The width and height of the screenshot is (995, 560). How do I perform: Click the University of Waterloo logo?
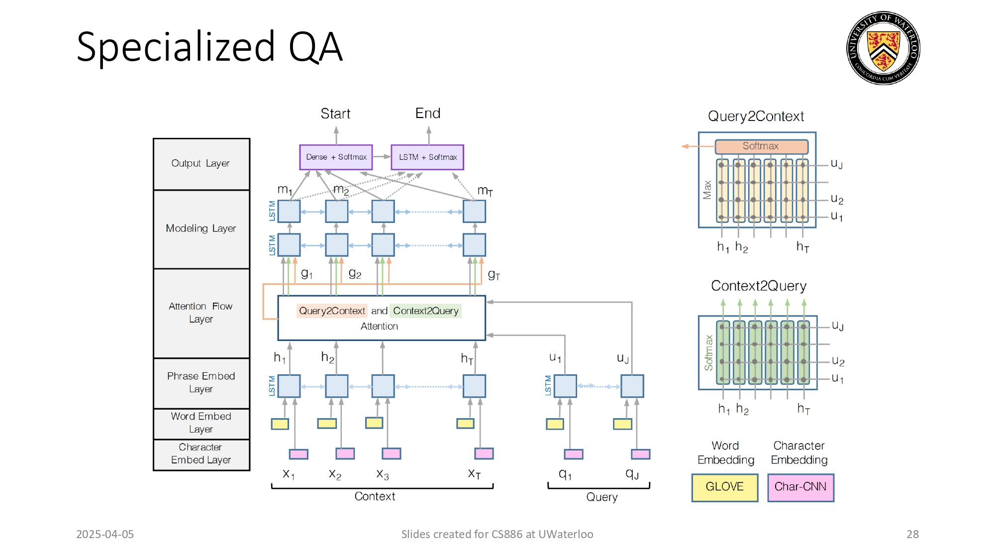pyautogui.click(x=883, y=48)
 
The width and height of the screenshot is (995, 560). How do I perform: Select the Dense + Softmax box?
pyautogui.click(x=336, y=157)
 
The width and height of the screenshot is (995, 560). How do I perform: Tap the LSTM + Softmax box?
pyautogui.click(x=427, y=157)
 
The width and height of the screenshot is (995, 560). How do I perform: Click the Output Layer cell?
pyautogui.click(x=201, y=164)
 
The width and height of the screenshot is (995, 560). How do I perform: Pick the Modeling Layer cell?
pyautogui.click(x=201, y=229)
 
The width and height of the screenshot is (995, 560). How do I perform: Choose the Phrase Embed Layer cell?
pyautogui.click(x=201, y=383)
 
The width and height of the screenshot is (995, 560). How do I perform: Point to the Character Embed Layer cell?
pyautogui.click(x=201, y=454)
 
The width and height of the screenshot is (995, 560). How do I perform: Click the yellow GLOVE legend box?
pyautogui.click(x=725, y=487)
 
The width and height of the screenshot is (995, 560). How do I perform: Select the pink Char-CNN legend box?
pyautogui.click(x=800, y=487)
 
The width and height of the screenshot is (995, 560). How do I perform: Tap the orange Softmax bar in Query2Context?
pyautogui.click(x=761, y=146)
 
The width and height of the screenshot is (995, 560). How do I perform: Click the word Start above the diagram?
pyautogui.click(x=335, y=114)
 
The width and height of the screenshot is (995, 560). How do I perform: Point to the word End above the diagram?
pyautogui.click(x=428, y=113)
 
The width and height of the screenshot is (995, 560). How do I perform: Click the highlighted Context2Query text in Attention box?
pyautogui.click(x=426, y=311)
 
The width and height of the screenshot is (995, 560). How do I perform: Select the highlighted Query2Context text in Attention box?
pyautogui.click(x=332, y=311)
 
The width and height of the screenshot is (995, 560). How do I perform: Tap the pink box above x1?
pyautogui.click(x=298, y=454)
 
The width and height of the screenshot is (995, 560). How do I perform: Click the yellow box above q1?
pyautogui.click(x=555, y=424)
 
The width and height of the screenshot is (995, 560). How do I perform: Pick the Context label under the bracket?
pyautogui.click(x=375, y=496)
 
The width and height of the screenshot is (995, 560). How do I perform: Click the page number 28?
pyautogui.click(x=912, y=534)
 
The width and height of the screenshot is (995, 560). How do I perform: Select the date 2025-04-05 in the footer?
pyautogui.click(x=105, y=534)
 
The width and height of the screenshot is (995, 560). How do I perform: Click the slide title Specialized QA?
pyautogui.click(x=209, y=47)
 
